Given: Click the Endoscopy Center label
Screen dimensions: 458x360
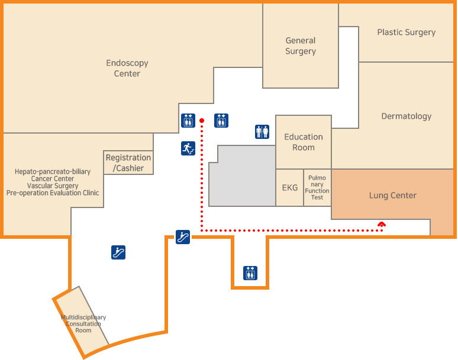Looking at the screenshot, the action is point(127,68).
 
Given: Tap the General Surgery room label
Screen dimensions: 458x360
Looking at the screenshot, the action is point(301,46).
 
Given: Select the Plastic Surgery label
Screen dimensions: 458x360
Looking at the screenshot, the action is point(407,32).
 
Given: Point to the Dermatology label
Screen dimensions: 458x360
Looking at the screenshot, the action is point(407,116).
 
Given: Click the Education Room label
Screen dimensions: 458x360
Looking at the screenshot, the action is point(304,142).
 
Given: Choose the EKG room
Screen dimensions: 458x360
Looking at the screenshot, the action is point(290,187).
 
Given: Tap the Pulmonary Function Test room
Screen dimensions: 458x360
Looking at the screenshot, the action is point(317,187).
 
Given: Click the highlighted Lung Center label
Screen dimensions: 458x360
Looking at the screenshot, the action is point(392,195).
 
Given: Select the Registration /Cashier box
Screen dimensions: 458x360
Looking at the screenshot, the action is point(128,163).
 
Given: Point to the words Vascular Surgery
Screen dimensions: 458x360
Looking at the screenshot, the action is point(53,186).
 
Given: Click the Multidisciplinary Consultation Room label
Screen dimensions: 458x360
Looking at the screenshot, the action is point(83,323).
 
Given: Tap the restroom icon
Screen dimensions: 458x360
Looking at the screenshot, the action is point(262,132).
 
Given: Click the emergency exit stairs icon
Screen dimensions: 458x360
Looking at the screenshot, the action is point(188,148).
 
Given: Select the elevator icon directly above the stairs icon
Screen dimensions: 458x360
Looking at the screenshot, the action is point(188,121).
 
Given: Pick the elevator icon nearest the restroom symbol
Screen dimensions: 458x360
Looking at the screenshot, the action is point(221,121).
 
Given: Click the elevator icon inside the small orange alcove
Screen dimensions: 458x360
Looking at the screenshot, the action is point(250,273).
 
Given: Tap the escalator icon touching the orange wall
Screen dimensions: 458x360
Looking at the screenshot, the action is point(183,237).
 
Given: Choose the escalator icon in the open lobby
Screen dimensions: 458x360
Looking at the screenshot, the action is point(118,252).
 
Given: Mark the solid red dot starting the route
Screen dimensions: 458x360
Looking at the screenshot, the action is point(202,121).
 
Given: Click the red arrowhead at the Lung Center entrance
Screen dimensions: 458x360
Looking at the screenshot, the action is point(382,225).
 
